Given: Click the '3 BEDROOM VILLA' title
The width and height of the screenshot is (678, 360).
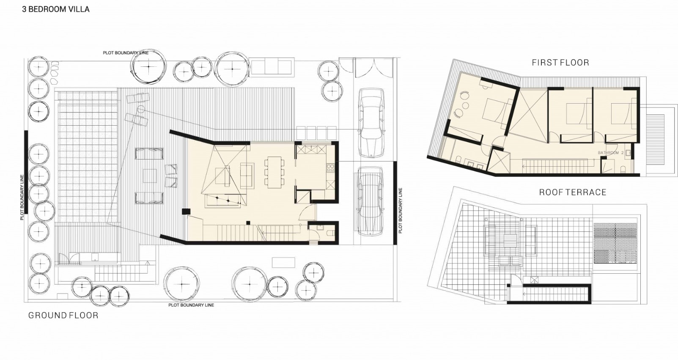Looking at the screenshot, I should pyautogui.click(x=55, y=9).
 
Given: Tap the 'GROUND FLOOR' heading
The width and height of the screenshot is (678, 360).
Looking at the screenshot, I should pyautogui.click(x=63, y=316).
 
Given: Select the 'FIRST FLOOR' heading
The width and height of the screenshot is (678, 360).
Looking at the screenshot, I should pyautogui.click(x=560, y=63).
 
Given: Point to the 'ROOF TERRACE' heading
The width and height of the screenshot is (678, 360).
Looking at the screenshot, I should pyautogui.click(x=572, y=192).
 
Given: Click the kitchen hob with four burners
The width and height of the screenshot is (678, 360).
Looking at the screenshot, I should pyautogui.click(x=330, y=168).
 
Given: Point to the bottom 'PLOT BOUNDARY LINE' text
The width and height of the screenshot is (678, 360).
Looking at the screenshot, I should pyautogui.click(x=191, y=305).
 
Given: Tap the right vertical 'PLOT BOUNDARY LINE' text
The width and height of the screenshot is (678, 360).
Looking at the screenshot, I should pyautogui.click(x=400, y=211).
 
